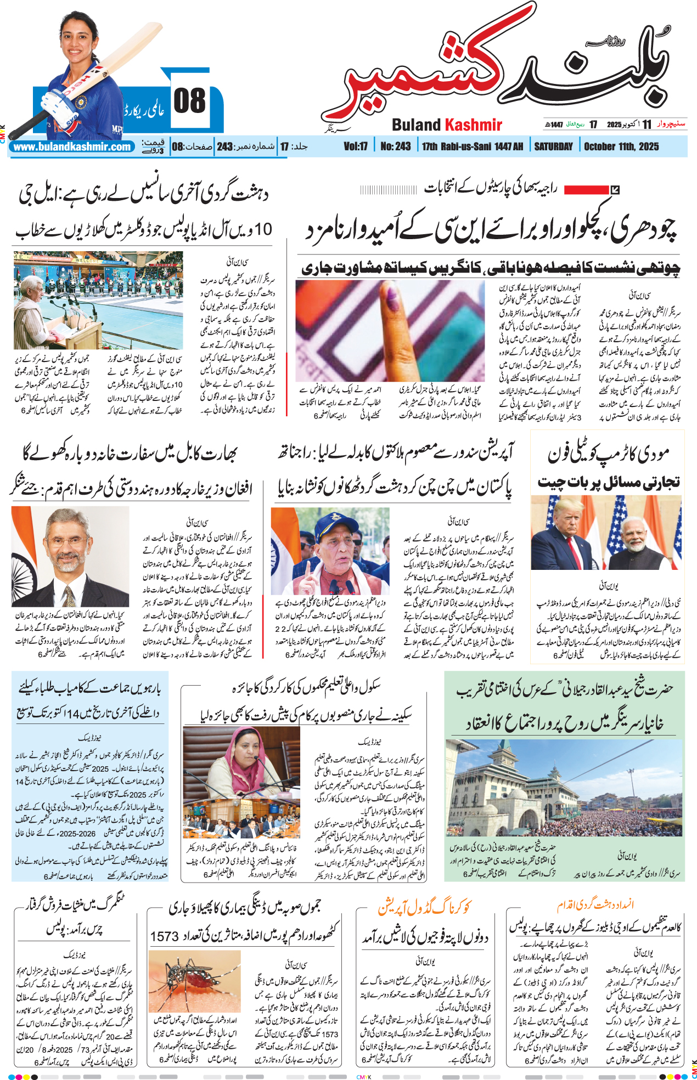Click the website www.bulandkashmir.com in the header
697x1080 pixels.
pyautogui.click(x=72, y=147)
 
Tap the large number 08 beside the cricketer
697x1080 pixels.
pyautogui.click(x=189, y=101)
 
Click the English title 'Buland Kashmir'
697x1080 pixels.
pyautogui.click(x=447, y=125)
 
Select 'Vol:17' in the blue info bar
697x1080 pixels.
pyautogui.click(x=356, y=146)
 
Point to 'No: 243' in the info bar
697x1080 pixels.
pyautogui.click(x=395, y=146)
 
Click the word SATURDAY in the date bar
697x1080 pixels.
pyautogui.click(x=553, y=146)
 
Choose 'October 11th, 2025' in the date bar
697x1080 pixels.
pyautogui.click(x=621, y=146)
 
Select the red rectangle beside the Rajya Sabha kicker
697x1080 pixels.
pyautogui.click(x=586, y=190)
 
